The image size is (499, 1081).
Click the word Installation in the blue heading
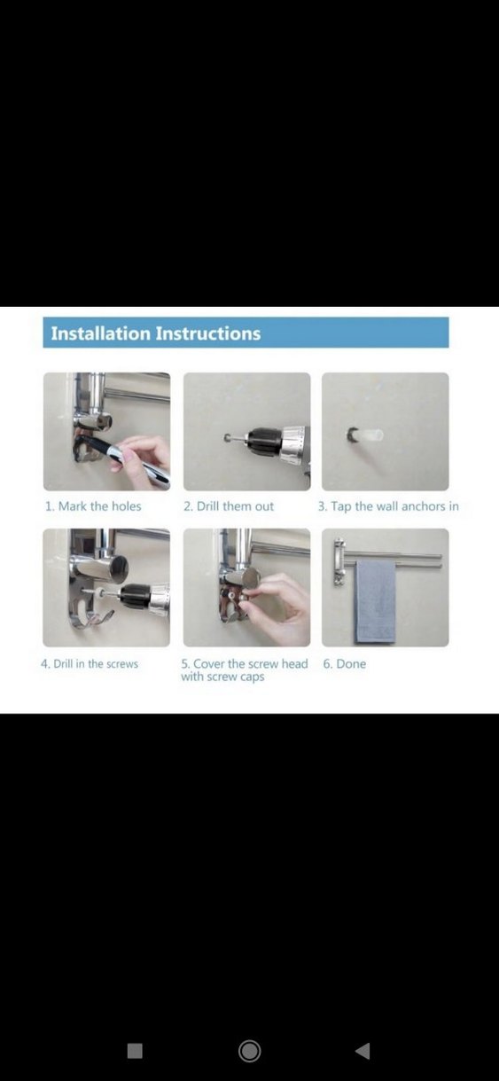[x=101, y=333]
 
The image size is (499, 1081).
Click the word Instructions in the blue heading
[x=208, y=333]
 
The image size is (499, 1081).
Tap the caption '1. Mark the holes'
[x=93, y=506]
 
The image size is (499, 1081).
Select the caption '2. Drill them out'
[x=229, y=506]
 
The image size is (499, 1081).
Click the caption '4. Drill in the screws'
[x=90, y=663]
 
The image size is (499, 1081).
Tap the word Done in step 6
[x=351, y=663]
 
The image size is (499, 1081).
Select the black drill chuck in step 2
[x=264, y=439]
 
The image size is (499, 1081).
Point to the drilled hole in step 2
[x=226, y=439]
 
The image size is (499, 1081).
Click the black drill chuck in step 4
[x=136, y=596]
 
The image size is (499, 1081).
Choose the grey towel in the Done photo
[x=375, y=601]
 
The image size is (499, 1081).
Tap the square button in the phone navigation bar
[x=135, y=1051]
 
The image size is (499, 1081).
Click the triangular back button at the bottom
[x=363, y=1051]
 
